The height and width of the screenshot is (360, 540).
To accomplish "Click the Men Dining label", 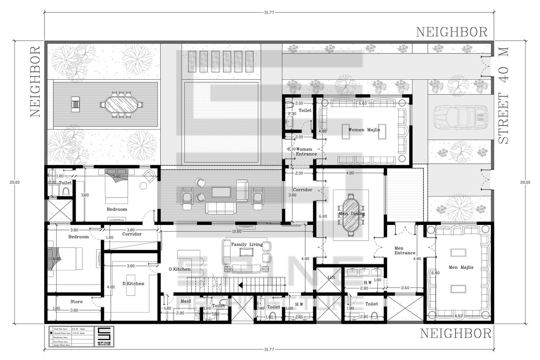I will pyautogui.click(x=351, y=214).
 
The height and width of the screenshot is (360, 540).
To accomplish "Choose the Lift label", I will pyautogui.click(x=331, y=277).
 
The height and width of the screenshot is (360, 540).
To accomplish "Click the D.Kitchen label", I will pyautogui.click(x=133, y=284).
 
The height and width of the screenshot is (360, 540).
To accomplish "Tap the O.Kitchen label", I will pyautogui.click(x=180, y=269).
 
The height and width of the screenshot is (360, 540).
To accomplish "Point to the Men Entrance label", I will pyautogui.click(x=405, y=250).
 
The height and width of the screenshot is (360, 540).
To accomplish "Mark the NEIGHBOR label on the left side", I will pyautogui.click(x=36, y=81).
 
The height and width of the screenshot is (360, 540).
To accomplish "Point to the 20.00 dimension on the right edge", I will pyautogui.click(x=525, y=182).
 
